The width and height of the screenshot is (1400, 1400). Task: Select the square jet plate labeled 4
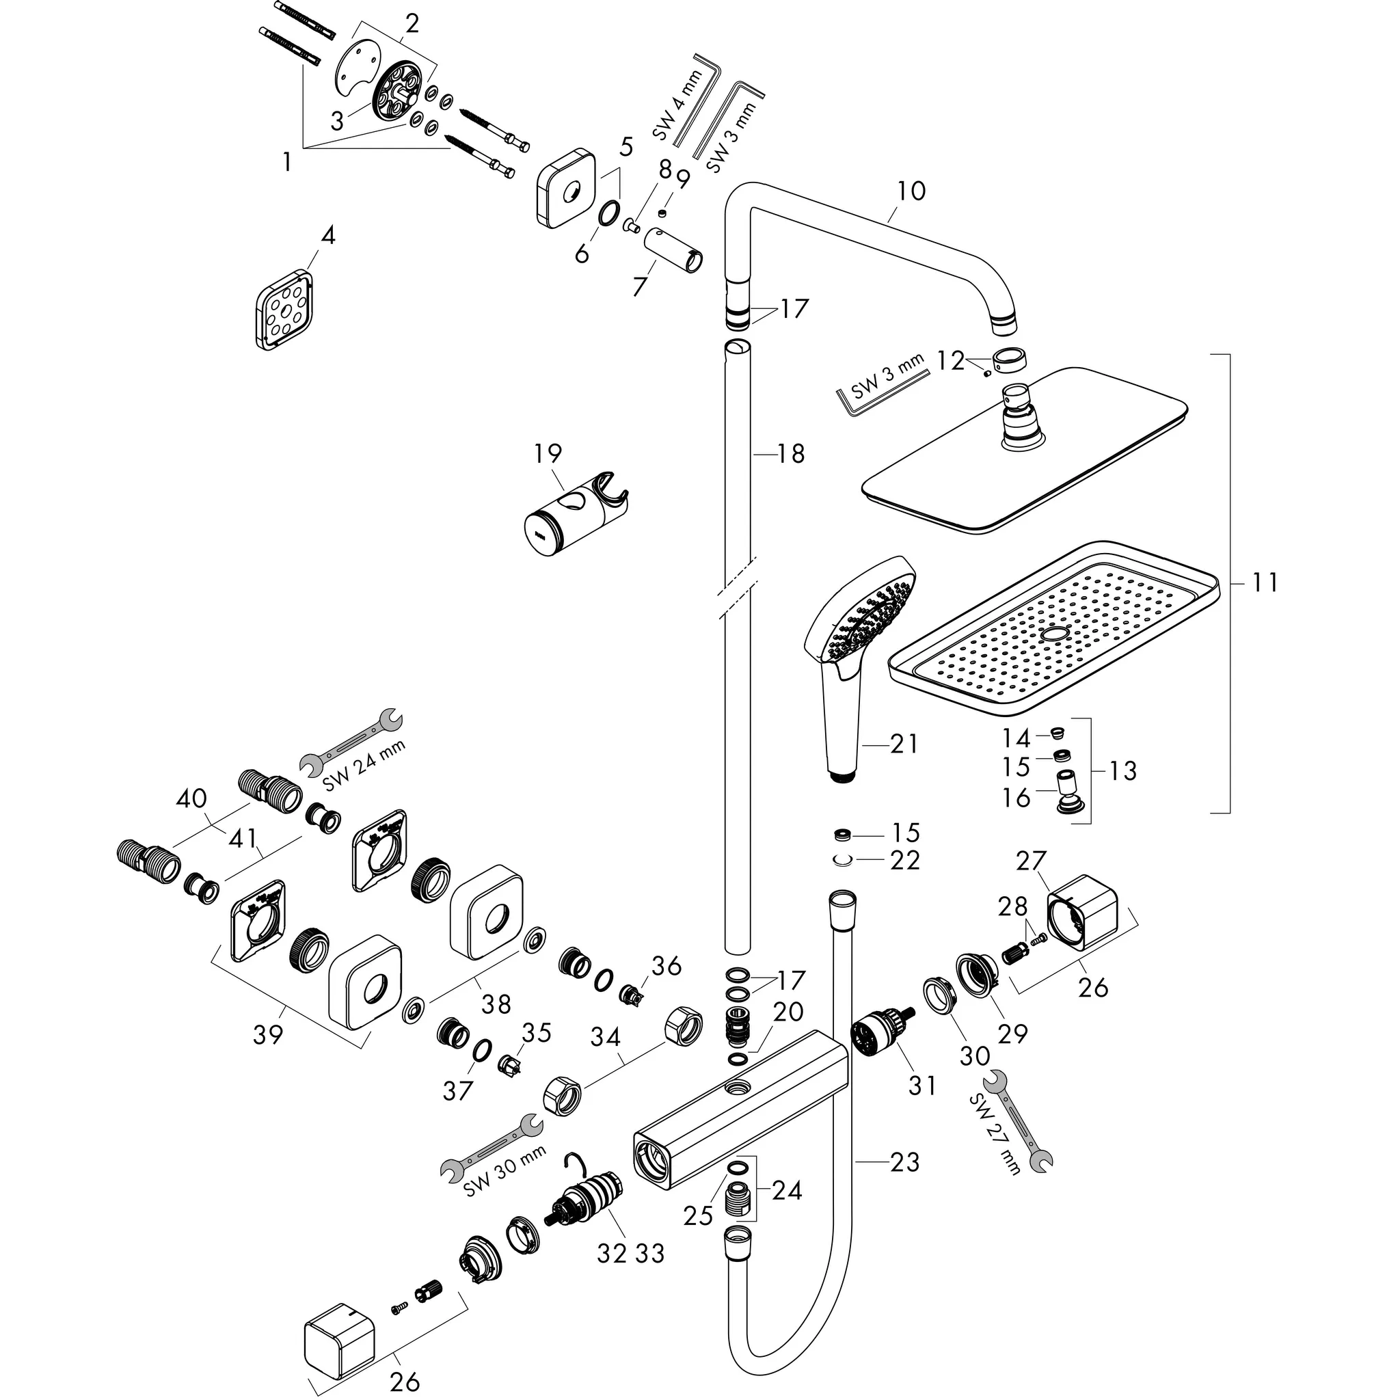click(x=284, y=310)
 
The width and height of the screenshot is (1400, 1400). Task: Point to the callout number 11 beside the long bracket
click(x=1265, y=582)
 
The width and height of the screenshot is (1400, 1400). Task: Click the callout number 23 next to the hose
click(x=904, y=1161)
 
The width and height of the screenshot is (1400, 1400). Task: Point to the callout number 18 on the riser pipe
click(x=791, y=455)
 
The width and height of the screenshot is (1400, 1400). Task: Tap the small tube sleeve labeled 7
click(x=675, y=250)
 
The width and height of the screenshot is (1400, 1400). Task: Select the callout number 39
click(x=267, y=1035)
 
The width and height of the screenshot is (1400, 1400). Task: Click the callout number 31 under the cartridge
click(x=921, y=1086)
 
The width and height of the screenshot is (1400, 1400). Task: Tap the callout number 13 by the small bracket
click(x=1122, y=770)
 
